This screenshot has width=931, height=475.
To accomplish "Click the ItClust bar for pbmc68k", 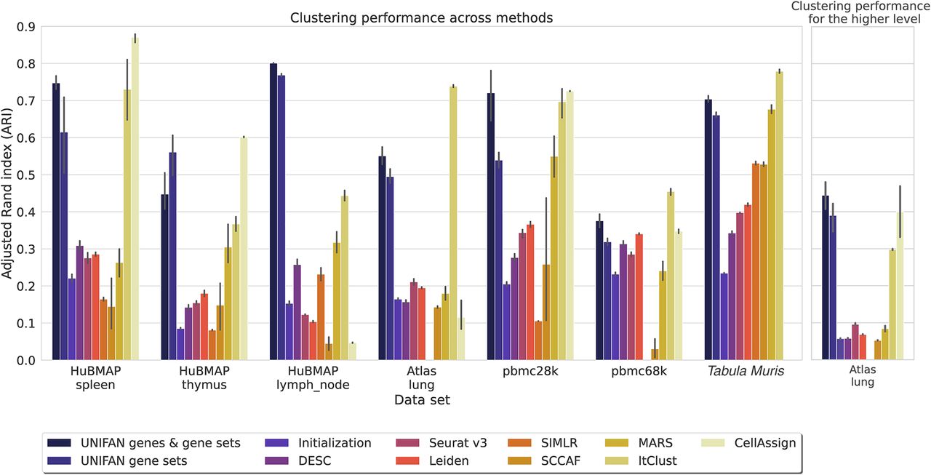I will (671, 276).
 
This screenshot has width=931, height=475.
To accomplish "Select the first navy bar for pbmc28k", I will (491, 226).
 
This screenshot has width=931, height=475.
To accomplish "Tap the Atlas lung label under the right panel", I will (862, 376).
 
